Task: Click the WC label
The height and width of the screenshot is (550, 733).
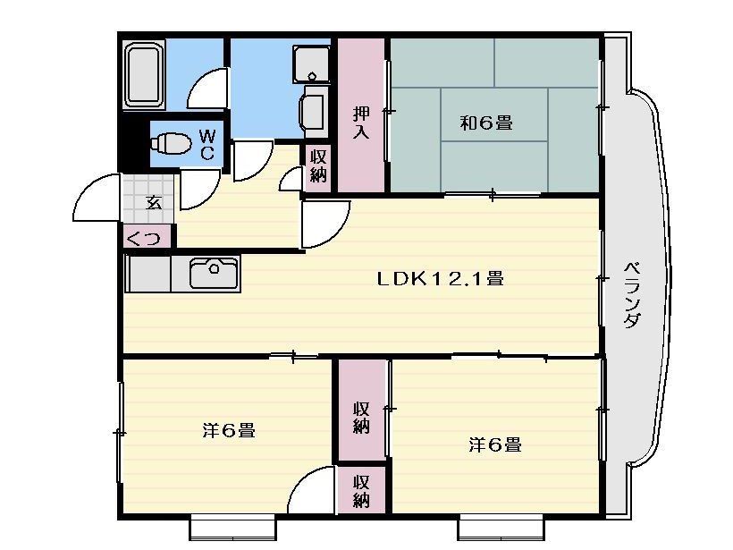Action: [206, 144]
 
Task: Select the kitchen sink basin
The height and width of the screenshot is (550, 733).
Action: [214, 272]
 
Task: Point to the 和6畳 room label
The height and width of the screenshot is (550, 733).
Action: [486, 123]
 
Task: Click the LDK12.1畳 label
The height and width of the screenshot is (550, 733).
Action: [440, 279]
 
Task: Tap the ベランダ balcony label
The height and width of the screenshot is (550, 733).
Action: [631, 295]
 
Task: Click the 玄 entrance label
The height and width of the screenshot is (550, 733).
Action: [154, 201]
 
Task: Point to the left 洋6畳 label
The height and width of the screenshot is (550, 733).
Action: [229, 431]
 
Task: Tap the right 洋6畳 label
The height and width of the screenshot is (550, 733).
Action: [495, 444]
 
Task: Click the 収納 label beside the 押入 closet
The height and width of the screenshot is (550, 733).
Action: [318, 165]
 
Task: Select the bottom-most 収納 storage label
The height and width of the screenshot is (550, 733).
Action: [360, 491]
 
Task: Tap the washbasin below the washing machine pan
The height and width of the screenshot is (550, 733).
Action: [314, 112]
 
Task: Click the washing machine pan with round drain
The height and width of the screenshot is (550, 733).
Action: [311, 62]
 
